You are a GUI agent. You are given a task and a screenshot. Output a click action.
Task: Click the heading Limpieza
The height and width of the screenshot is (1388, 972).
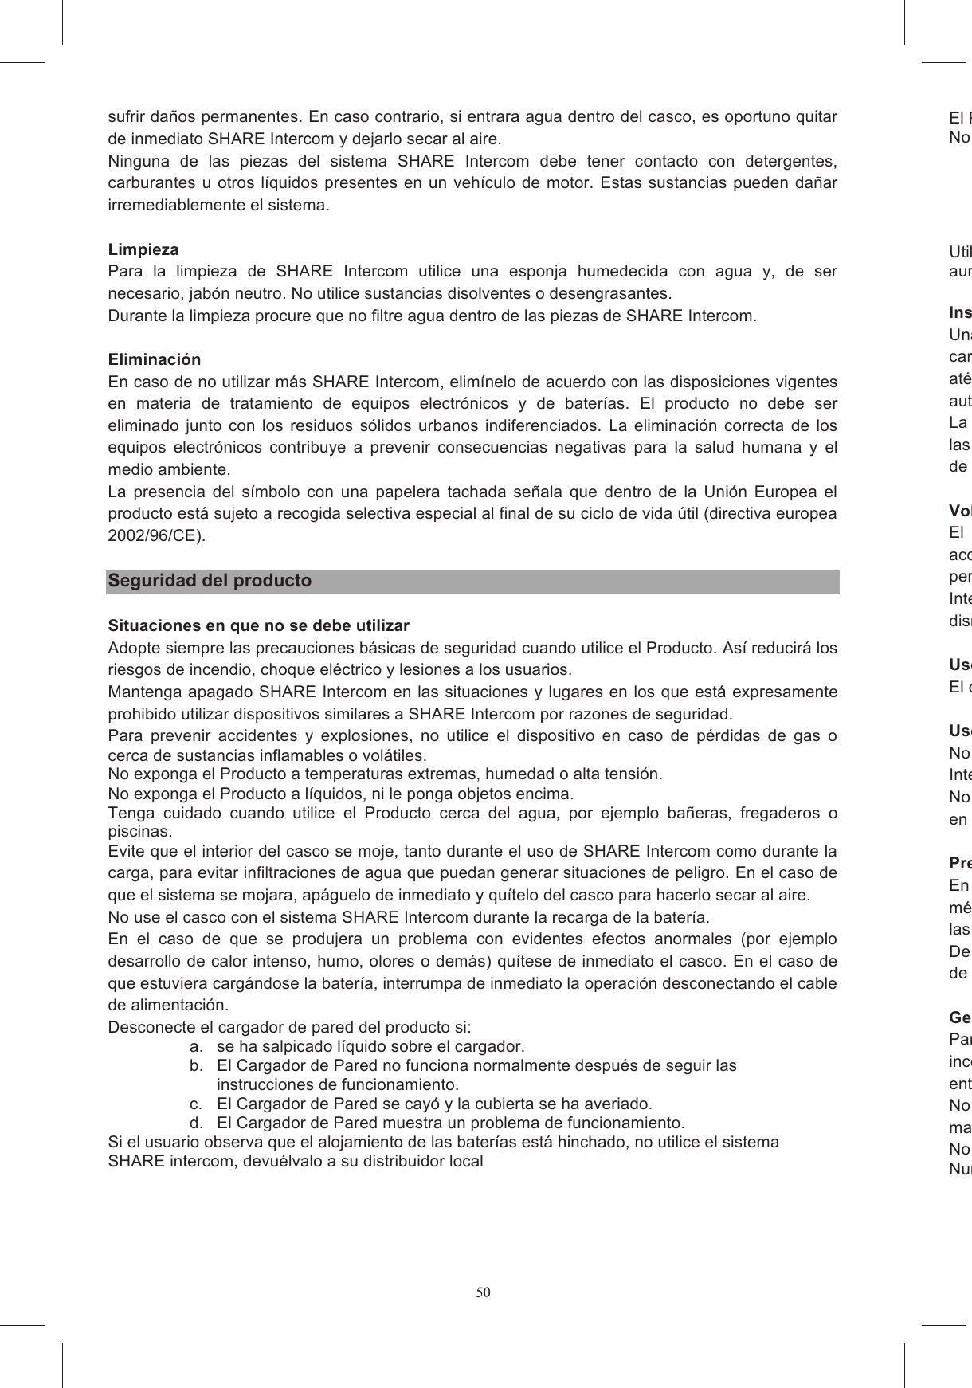pos(143,249)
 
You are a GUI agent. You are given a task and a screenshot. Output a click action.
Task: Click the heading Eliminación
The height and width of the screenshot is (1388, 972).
pos(155,359)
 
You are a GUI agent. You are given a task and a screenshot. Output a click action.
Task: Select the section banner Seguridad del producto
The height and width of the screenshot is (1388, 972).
pos(210,581)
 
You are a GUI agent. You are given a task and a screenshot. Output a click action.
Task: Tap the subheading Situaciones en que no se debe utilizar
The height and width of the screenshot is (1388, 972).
pos(259,625)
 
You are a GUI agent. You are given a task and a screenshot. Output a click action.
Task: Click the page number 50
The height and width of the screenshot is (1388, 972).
pos(484,1292)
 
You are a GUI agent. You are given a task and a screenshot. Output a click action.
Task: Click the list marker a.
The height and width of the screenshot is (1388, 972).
pos(194,1046)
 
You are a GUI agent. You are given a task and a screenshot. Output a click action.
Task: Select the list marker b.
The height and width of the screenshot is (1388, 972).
pos(194,1065)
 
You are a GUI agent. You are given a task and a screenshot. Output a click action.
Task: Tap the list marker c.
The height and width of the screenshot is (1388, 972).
pos(194,1104)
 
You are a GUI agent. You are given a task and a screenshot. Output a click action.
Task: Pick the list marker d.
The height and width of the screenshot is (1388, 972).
pos(194,1123)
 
